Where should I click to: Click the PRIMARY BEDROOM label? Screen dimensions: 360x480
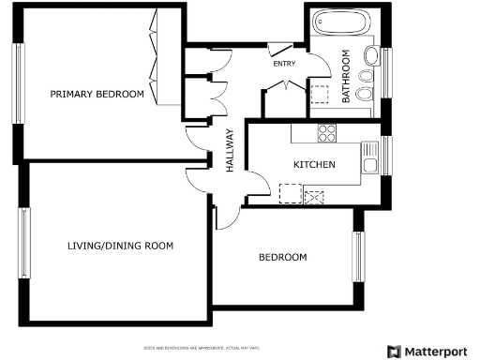[97, 94]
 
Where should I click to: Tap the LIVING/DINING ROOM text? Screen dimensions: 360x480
[121, 246]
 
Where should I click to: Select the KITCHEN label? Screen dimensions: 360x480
[314, 165]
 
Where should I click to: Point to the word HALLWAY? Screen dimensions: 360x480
[229, 150]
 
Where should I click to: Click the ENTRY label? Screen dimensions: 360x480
[283, 64]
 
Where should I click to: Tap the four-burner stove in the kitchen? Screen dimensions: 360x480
[326, 132]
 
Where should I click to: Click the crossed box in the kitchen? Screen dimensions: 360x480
[315, 197]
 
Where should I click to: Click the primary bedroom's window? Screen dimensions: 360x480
[17, 84]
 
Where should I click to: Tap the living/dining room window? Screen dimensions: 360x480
[24, 242]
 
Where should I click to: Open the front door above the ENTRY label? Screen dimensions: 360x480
[279, 47]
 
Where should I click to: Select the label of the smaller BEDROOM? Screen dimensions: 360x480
[282, 257]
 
